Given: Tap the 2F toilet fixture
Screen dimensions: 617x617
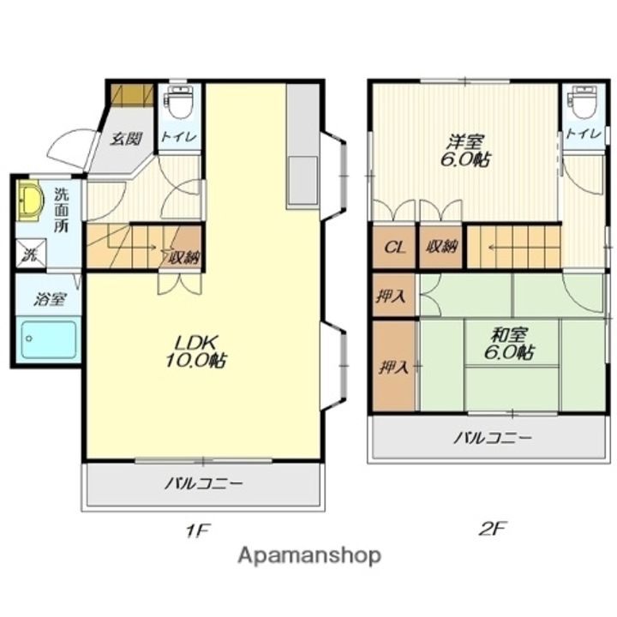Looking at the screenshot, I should click(584, 103).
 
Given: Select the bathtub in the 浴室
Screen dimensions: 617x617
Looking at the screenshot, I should click(48, 339).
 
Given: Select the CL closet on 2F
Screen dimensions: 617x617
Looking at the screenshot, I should click(394, 248).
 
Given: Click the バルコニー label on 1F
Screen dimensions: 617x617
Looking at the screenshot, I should click(204, 485).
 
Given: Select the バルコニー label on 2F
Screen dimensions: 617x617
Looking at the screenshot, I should click(493, 439).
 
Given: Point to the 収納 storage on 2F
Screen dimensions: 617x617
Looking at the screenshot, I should click(440, 248).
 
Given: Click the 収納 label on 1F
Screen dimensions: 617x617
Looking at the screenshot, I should click(182, 255).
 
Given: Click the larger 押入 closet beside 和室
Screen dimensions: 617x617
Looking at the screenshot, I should click(394, 367).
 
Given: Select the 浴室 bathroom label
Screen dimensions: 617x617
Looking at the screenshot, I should click(49, 299).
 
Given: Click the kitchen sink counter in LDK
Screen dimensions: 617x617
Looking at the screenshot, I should click(303, 180).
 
